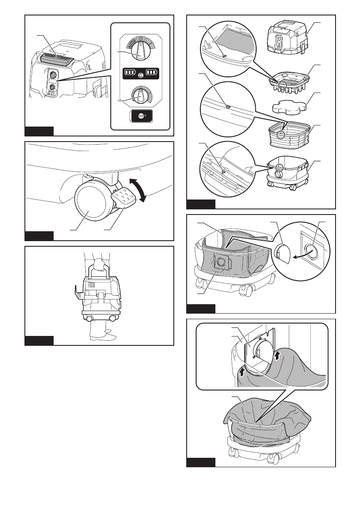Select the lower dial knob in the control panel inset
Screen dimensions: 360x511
coord(138,95)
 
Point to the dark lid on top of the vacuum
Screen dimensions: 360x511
coord(58,56)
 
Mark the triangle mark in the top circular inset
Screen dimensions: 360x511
coord(224,54)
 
